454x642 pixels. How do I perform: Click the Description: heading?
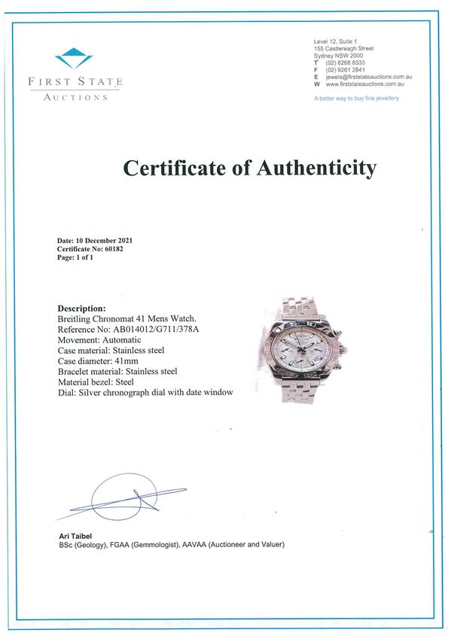pos(81,309)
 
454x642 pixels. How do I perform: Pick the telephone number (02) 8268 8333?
pos(346,62)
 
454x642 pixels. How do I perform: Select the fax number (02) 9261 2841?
pos(346,69)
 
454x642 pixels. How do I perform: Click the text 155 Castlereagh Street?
pos(343,48)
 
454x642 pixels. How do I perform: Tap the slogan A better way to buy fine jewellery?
pos(356,99)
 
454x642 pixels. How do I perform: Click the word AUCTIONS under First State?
pos(75,97)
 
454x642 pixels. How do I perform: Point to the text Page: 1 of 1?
pos(75,257)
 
